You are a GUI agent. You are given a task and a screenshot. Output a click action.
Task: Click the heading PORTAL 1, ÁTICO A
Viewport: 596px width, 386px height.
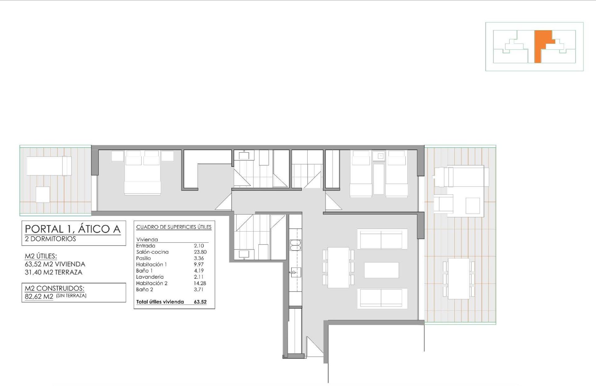[x=73, y=229]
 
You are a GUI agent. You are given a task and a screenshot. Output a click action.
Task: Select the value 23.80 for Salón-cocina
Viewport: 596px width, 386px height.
[x=200, y=252]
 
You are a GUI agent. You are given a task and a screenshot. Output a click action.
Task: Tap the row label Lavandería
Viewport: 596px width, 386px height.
[x=150, y=277]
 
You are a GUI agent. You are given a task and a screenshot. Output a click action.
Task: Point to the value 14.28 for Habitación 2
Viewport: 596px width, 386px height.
[x=200, y=283]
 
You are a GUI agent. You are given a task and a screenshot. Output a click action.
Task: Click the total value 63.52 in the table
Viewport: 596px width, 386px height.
[x=200, y=302]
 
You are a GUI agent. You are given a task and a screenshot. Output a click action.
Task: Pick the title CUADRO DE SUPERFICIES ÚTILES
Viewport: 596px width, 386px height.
[x=174, y=227]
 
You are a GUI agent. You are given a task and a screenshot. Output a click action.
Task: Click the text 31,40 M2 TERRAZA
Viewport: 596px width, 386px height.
[x=53, y=272]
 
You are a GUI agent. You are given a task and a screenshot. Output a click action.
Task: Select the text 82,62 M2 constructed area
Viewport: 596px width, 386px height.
[x=39, y=296]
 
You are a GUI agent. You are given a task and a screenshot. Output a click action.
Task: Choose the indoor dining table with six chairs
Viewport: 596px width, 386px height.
[x=338, y=267]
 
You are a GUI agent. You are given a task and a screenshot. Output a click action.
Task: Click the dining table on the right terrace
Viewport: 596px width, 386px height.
[x=459, y=279]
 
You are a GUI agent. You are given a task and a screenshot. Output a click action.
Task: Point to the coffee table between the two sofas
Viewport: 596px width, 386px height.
[x=381, y=270]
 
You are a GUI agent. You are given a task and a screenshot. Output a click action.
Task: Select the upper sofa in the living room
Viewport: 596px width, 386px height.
[x=382, y=239]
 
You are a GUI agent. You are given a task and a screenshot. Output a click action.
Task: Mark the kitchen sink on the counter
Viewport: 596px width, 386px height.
[x=296, y=273]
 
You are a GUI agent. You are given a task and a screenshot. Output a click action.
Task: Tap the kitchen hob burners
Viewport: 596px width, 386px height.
[x=296, y=245]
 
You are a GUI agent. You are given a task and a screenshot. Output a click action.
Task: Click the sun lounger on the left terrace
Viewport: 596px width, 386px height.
[x=49, y=166]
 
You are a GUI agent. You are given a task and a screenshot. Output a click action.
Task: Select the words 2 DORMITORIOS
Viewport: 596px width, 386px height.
[x=50, y=239]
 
